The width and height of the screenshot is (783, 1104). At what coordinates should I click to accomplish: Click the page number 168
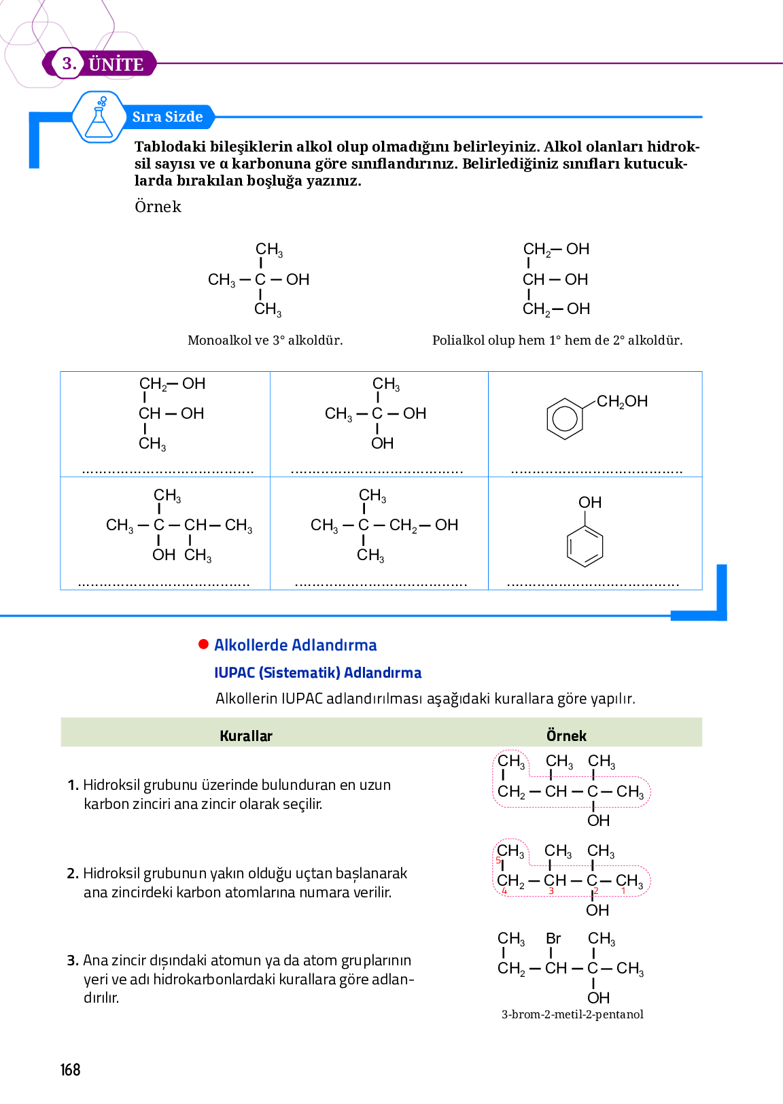coord(70,1070)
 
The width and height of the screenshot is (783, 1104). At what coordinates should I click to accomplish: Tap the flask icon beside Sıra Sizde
coord(99,118)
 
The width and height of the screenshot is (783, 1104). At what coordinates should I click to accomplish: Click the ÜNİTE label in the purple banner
coord(116,65)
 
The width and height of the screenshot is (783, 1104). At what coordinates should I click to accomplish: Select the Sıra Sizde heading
coord(167,117)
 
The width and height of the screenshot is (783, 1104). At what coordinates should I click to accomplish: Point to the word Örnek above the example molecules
coord(158,207)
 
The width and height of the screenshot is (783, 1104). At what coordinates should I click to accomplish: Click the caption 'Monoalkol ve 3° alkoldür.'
coord(265,340)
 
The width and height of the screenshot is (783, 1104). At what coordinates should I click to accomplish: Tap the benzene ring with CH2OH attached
coord(565,417)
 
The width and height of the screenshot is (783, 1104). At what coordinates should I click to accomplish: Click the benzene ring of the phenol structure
coord(585,547)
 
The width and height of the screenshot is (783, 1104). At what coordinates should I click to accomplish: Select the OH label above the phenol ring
coord(590,502)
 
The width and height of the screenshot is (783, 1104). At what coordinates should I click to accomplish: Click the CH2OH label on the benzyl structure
coord(622,401)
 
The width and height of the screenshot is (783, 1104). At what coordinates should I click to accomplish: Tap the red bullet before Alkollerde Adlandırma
coord(203,644)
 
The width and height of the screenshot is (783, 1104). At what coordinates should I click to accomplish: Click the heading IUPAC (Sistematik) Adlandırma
coord(317,673)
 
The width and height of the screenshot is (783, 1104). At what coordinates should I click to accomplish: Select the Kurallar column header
coord(246,736)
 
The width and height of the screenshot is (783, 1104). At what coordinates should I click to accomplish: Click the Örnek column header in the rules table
coord(566,736)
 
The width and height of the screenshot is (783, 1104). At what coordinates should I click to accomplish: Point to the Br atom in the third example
coord(553,938)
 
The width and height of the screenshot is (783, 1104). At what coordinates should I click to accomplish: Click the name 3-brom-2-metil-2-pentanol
coord(572,1014)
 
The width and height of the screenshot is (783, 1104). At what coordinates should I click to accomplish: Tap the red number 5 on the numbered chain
coord(498,861)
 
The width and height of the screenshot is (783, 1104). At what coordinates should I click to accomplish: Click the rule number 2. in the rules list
coord(73,874)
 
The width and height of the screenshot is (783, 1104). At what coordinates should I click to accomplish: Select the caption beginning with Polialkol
coord(557,340)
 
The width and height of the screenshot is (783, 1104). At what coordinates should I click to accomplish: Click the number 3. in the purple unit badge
coord(69,64)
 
